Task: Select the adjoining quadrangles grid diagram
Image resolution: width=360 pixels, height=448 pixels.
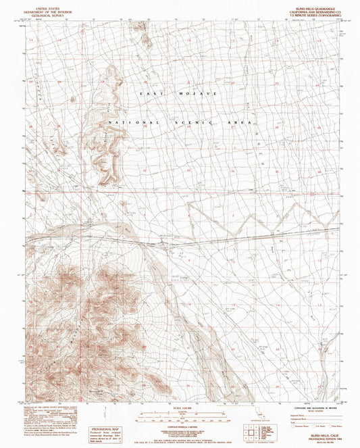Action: [251, 430]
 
